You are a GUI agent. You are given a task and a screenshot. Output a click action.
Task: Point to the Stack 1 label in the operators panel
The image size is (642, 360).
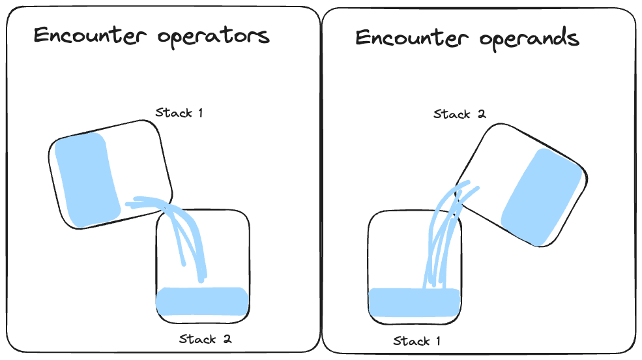[179, 113]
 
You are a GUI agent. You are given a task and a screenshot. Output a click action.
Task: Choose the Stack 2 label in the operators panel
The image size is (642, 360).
[205, 339]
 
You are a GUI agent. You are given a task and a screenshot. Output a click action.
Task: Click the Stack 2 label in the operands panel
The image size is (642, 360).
[460, 115]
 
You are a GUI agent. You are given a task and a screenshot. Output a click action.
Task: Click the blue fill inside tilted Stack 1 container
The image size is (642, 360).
[85, 179]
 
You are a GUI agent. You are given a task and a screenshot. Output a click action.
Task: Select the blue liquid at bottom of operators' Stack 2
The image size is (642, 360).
[203, 300]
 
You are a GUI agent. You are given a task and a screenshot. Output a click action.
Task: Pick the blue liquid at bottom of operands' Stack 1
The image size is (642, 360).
[415, 302]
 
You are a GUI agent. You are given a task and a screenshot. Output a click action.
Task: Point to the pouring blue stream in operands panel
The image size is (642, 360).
[443, 235]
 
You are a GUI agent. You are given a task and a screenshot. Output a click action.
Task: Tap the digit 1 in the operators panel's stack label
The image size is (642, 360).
[200, 113]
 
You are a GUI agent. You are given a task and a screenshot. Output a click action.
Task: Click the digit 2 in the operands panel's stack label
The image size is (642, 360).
[482, 115]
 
